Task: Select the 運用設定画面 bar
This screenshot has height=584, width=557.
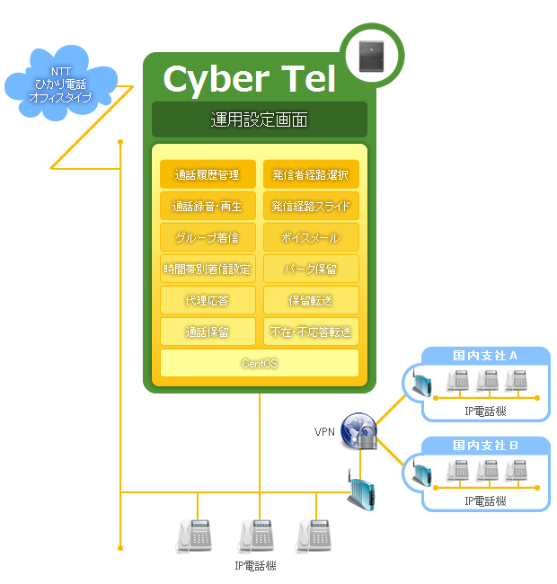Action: coord(259,119)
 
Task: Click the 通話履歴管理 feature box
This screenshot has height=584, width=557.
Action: coord(208,174)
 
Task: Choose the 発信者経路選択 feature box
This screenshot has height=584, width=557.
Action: coord(311,174)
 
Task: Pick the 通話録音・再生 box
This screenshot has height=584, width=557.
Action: coord(208,206)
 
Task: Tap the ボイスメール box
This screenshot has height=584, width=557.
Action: coord(311,237)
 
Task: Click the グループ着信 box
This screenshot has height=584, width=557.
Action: coord(208,237)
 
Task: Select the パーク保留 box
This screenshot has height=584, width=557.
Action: coord(311,269)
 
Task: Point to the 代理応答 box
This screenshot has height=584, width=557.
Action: coord(208,300)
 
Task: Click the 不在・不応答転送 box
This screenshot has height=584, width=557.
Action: coord(311,332)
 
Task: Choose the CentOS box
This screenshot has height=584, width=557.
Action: coord(259,363)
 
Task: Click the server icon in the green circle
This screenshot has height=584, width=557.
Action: coord(372,57)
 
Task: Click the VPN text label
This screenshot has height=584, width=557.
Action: coord(324,432)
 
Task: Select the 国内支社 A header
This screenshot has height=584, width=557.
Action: coord(485,355)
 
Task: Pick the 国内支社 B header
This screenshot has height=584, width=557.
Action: coord(485,445)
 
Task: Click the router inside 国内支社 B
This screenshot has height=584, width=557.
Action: coord(421,473)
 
